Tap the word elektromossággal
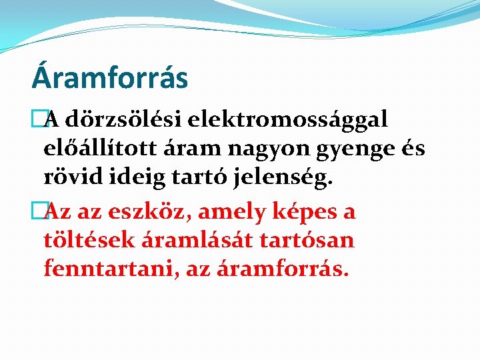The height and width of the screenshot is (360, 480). click(x=288, y=120)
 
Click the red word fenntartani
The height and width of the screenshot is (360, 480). click(x=103, y=269)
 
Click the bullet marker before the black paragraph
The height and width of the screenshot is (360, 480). click(x=38, y=120)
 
